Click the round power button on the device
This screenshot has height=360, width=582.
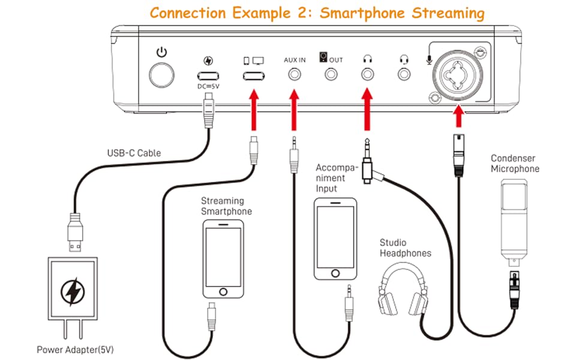(x=162, y=76)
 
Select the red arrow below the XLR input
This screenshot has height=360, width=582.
(x=459, y=116)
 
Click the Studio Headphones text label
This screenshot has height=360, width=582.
(x=405, y=248)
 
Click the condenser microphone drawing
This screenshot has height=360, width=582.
(x=514, y=222)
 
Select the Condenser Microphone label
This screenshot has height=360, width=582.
(x=515, y=164)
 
